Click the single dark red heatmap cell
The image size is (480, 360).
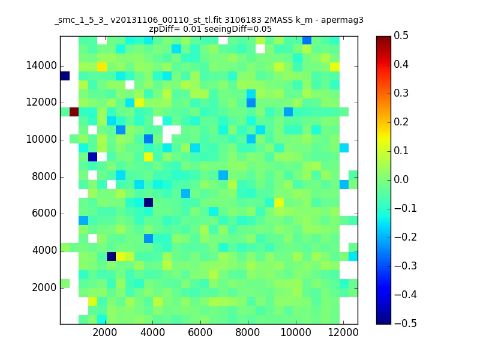coord(74,112)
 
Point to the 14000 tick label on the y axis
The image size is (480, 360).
coord(41,66)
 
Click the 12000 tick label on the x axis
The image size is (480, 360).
coord(343,332)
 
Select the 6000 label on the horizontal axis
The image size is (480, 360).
coord(200,332)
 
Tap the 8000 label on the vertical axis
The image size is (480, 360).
coord(44,176)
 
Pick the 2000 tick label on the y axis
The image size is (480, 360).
coord(44,287)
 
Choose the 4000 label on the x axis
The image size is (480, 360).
coord(152,332)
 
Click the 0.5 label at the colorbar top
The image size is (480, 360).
coord(401,35)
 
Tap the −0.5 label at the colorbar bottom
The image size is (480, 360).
coord(406,323)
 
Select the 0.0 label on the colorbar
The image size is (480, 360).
coord(401,179)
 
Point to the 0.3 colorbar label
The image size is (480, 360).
coord(401,93)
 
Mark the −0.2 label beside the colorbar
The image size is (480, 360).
coord(406,237)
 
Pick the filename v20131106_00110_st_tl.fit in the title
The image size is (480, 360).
coord(166,20)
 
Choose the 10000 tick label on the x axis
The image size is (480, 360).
coord(296,332)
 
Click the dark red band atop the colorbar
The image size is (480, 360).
coord(383,39)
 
